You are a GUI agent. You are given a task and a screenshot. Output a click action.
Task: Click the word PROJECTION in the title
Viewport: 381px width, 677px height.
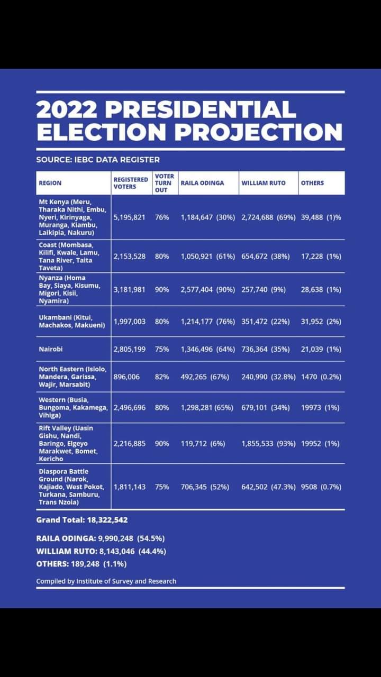pyautogui.click(x=258, y=131)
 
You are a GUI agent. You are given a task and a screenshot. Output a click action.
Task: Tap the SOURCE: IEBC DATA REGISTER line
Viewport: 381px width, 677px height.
pyautogui.click(x=98, y=159)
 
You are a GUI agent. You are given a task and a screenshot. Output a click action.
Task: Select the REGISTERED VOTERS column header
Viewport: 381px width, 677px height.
pyautogui.click(x=131, y=183)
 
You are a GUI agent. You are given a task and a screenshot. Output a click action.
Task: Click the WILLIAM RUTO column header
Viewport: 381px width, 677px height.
pyautogui.click(x=264, y=183)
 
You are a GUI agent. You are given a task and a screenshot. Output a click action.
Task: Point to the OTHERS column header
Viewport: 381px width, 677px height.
pyautogui.click(x=312, y=183)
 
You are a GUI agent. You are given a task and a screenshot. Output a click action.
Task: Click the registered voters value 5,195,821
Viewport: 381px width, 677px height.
pyautogui.click(x=129, y=217)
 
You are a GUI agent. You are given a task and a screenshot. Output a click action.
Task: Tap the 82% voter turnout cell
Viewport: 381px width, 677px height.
pyautogui.click(x=162, y=377)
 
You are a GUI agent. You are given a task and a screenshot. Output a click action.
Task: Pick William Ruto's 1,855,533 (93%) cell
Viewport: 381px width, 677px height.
pyautogui.click(x=268, y=443)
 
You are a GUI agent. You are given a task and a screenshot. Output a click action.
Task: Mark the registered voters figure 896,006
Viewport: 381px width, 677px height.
pyautogui.click(x=126, y=377)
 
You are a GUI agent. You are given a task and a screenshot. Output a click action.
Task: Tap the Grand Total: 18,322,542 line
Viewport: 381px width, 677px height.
pyautogui.click(x=82, y=520)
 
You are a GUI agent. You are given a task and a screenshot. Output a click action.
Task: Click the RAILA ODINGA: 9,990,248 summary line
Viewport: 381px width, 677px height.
pyautogui.click(x=101, y=538)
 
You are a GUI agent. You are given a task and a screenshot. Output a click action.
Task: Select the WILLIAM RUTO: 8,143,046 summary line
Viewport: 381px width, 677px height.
pyautogui.click(x=101, y=551)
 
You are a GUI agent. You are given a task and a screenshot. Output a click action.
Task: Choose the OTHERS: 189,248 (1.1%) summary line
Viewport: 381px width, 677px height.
pyautogui.click(x=85, y=564)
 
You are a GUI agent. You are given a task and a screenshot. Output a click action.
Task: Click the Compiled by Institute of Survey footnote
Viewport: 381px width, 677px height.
pyautogui.click(x=106, y=581)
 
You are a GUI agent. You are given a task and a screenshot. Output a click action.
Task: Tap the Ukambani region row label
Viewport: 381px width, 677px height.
pyautogui.click(x=71, y=321)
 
